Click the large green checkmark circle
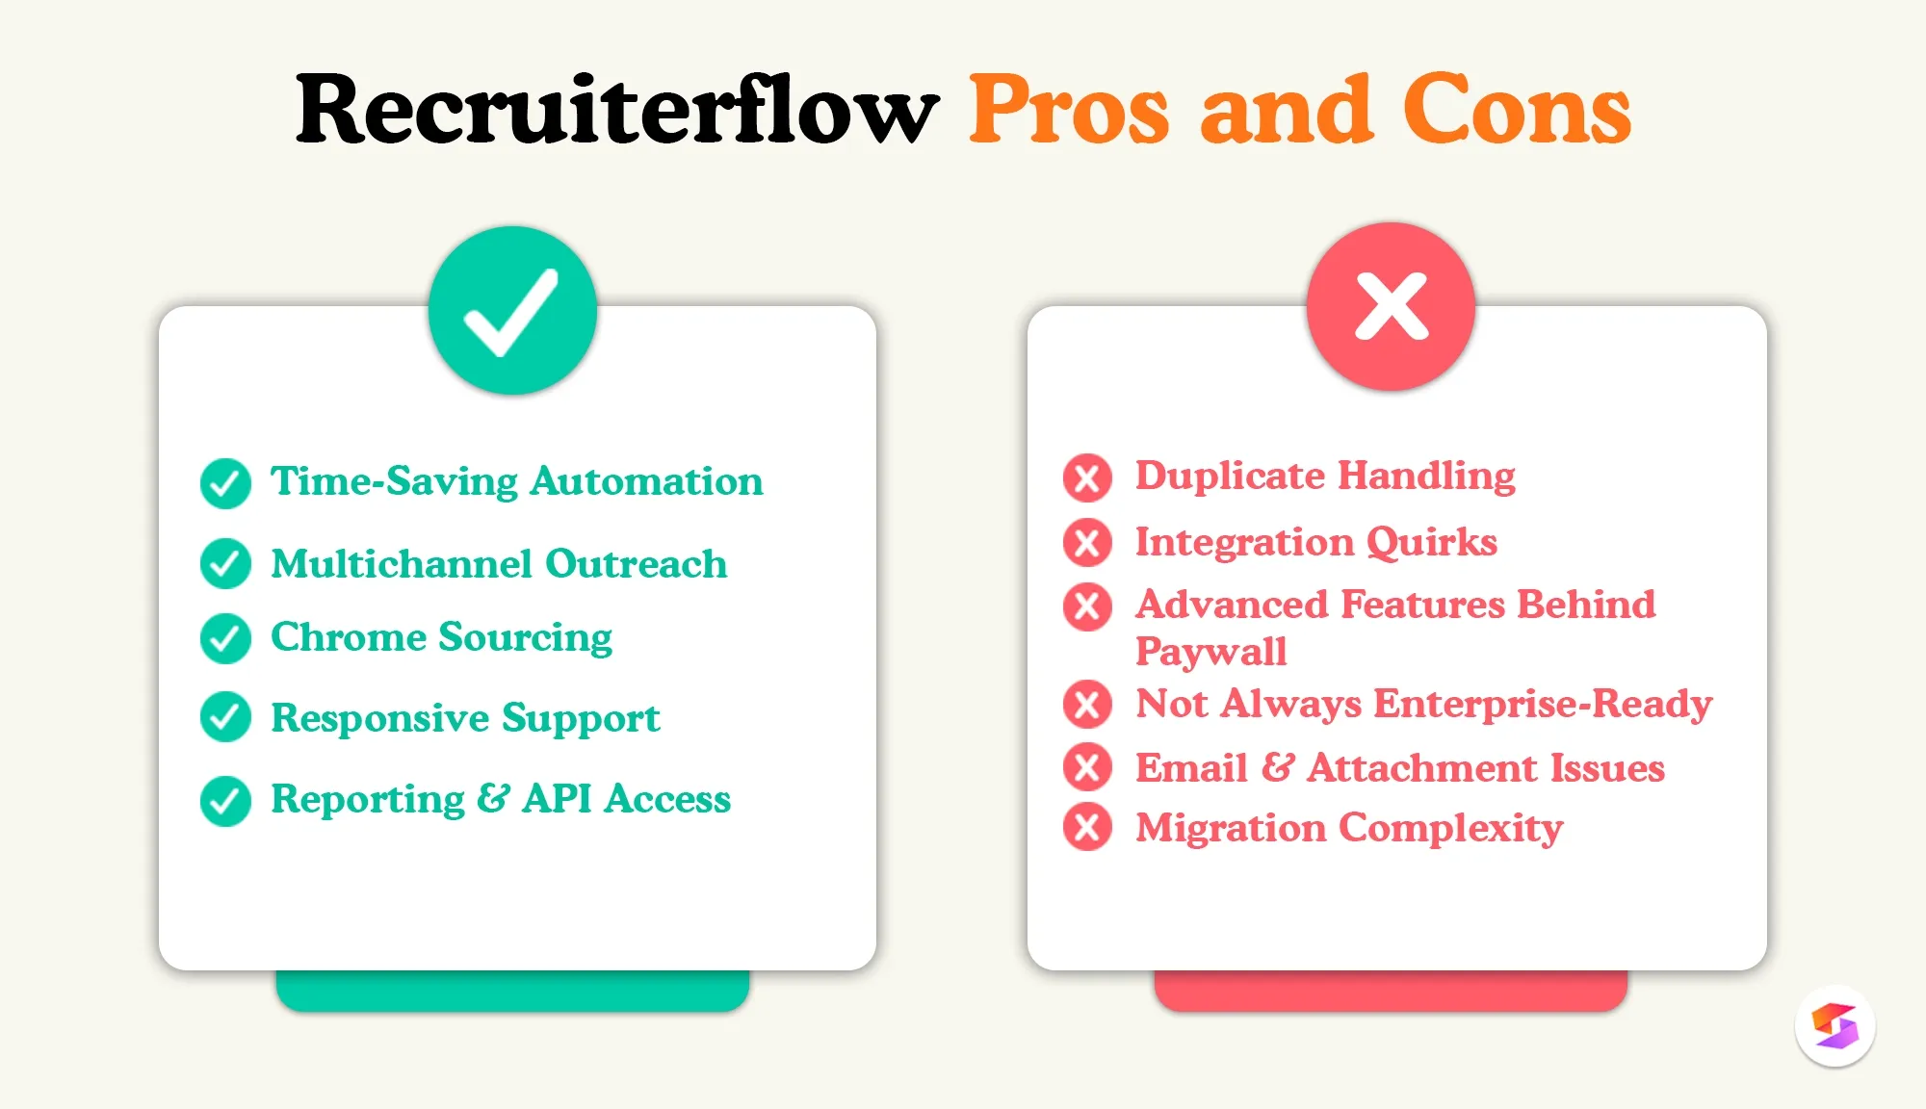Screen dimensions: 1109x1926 pos(512,311)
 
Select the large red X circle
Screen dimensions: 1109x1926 pos(1391,307)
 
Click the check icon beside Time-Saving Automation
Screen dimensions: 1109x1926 pos(225,483)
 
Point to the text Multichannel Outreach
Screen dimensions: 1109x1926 pos(499,564)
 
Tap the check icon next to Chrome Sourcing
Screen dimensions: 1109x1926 pos(225,638)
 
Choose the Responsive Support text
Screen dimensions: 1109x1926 pos(465,718)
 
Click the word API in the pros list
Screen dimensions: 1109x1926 pos(558,799)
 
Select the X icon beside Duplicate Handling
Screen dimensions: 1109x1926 pos(1087,477)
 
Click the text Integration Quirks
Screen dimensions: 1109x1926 pos(1315,542)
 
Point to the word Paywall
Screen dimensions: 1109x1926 pos(1210,652)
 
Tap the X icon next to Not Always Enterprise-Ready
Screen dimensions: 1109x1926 pos(1087,704)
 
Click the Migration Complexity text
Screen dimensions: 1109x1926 pos(1348,828)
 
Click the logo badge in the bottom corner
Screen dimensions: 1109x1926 pos(1835,1026)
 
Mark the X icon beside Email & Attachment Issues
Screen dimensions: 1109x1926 pos(1087,768)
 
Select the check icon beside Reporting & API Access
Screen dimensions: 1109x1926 pos(225,801)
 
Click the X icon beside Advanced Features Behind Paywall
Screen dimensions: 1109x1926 pos(1087,606)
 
